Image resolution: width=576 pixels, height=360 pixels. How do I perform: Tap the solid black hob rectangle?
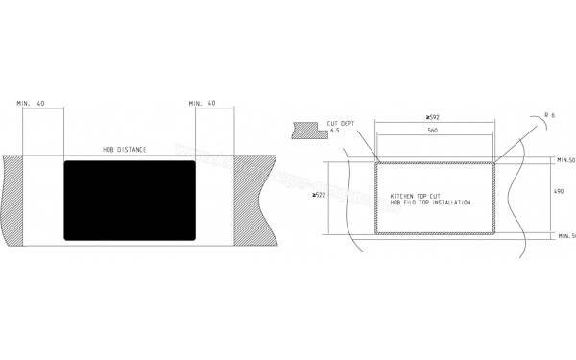(x=130, y=200)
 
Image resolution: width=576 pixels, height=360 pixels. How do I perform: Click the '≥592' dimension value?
(x=434, y=118)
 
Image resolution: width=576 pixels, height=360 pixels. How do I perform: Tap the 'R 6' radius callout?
(x=548, y=116)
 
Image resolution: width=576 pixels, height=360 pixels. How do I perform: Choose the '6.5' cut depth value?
(x=335, y=131)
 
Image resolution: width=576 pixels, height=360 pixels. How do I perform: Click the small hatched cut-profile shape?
(x=307, y=128)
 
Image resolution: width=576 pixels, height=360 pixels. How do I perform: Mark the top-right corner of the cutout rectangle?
(x=494, y=162)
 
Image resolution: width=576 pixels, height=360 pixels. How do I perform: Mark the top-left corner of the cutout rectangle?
(x=375, y=162)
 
